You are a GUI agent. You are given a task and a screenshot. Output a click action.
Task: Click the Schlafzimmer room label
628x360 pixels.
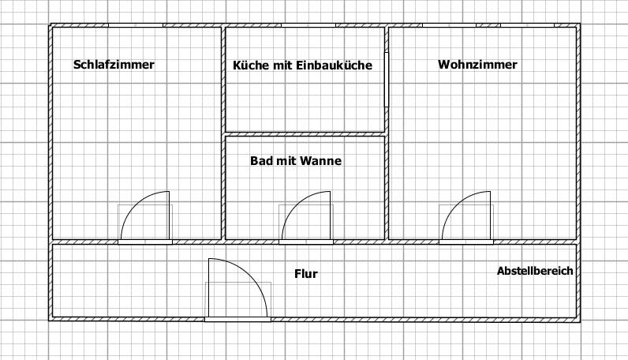coord(114,65)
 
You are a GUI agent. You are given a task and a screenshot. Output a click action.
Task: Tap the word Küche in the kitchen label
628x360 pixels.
coord(249,66)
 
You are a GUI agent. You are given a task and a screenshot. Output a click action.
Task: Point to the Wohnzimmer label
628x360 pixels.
coord(477,65)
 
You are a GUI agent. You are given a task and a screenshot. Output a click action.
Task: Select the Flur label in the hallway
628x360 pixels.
coord(306,274)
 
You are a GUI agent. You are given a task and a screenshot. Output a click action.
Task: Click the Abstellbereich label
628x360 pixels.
coord(535,271)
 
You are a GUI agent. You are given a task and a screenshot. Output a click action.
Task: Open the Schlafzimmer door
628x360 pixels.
coord(147,216)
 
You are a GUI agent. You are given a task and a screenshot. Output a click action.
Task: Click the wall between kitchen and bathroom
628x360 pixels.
coord(305,133)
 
